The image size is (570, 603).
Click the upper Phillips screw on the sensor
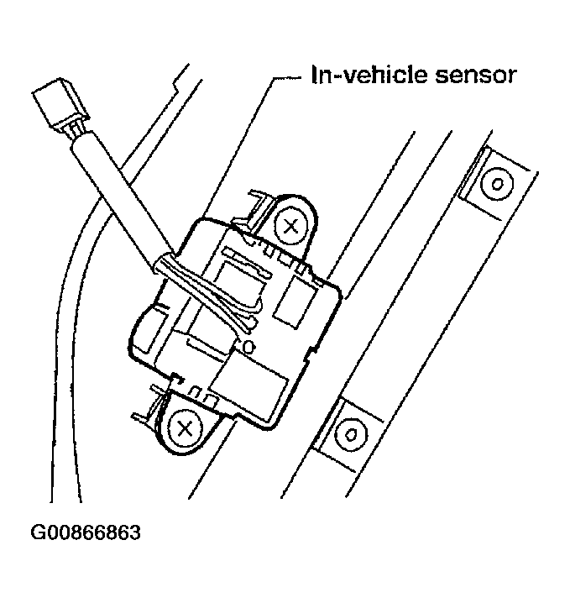[291, 224]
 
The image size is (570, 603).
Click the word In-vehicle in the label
[363, 76]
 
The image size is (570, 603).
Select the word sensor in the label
[473, 76]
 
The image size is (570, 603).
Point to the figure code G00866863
[86, 533]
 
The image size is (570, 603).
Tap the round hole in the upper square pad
[497, 181]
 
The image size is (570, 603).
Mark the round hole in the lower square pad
[351, 434]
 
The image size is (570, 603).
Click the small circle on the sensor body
[247, 344]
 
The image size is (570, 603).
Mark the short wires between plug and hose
[75, 134]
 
